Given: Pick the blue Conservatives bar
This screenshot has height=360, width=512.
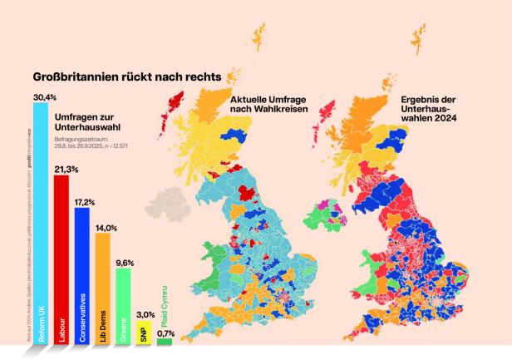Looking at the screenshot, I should [x=81, y=274].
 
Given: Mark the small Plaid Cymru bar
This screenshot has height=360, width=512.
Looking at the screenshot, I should [x=165, y=341].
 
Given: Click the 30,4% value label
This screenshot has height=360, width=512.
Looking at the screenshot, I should [x=45, y=97].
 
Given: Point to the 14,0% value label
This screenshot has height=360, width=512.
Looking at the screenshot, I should [x=106, y=228].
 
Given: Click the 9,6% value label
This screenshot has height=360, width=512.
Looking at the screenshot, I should [x=125, y=263].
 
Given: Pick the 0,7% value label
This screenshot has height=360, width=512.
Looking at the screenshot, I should [x=165, y=333].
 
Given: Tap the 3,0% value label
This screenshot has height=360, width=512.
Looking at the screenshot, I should [x=145, y=315].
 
